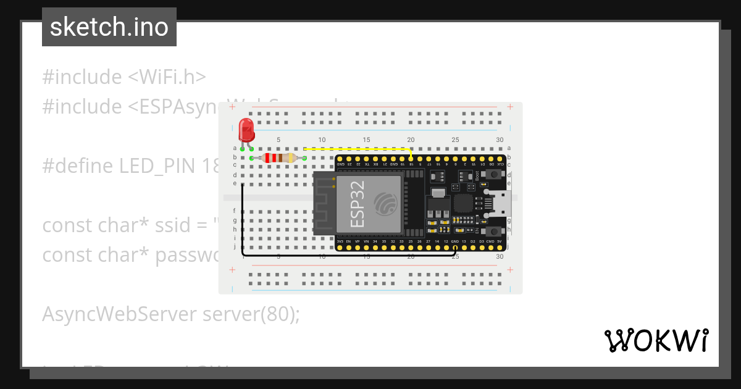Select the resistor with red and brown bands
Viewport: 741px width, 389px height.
pyautogui.click(x=278, y=158)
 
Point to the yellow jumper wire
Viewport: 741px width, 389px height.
pyautogui.click(x=358, y=149)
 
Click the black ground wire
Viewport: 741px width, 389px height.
pyautogui.click(x=346, y=254)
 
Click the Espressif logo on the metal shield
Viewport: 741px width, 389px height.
pyautogui.click(x=387, y=204)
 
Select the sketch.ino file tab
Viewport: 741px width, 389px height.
pyautogui.click(x=109, y=27)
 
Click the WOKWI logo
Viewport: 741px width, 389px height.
pyautogui.click(x=656, y=340)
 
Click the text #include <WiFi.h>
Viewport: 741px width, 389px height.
pyautogui.click(x=124, y=77)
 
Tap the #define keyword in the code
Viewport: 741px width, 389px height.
pyautogui.click(x=77, y=166)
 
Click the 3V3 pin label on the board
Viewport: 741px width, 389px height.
pyautogui.click(x=340, y=241)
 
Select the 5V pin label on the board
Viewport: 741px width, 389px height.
pyautogui.click(x=499, y=241)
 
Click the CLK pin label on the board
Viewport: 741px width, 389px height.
pyautogui.click(x=500, y=164)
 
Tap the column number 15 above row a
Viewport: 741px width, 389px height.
pyautogui.click(x=367, y=140)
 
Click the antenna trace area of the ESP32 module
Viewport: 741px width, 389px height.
pyautogui.click(x=324, y=204)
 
